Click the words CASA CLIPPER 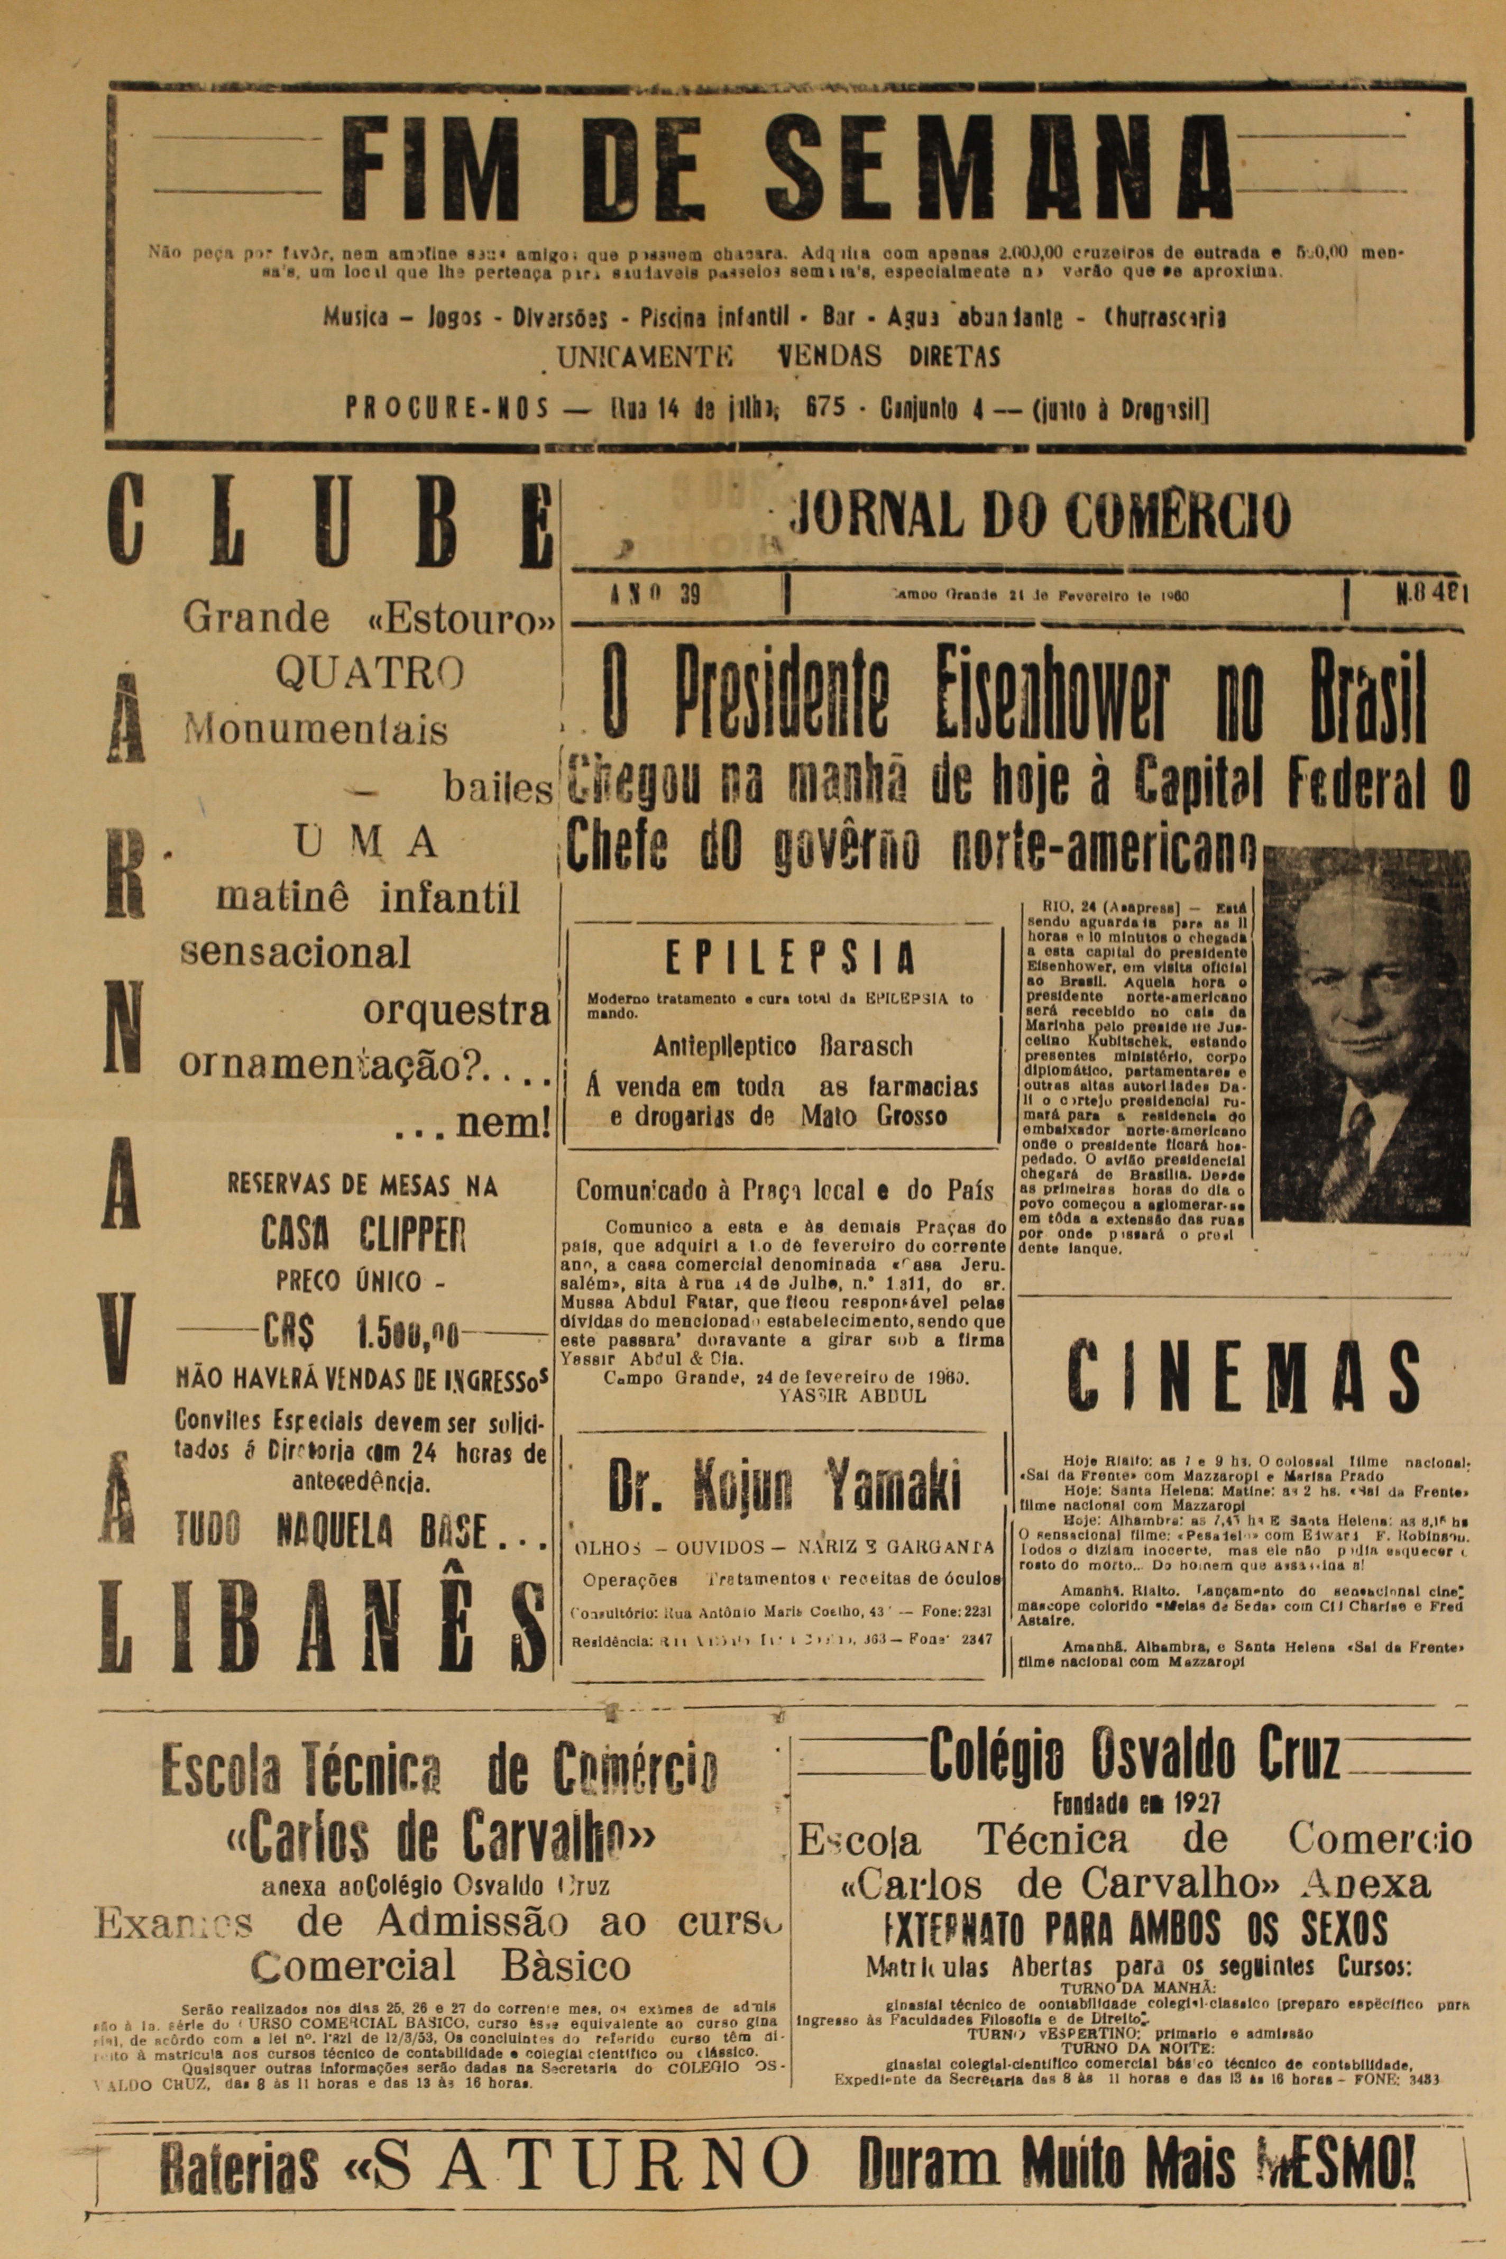363,1234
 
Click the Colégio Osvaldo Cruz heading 1133,1755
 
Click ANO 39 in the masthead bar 655,594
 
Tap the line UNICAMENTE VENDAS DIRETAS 778,357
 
